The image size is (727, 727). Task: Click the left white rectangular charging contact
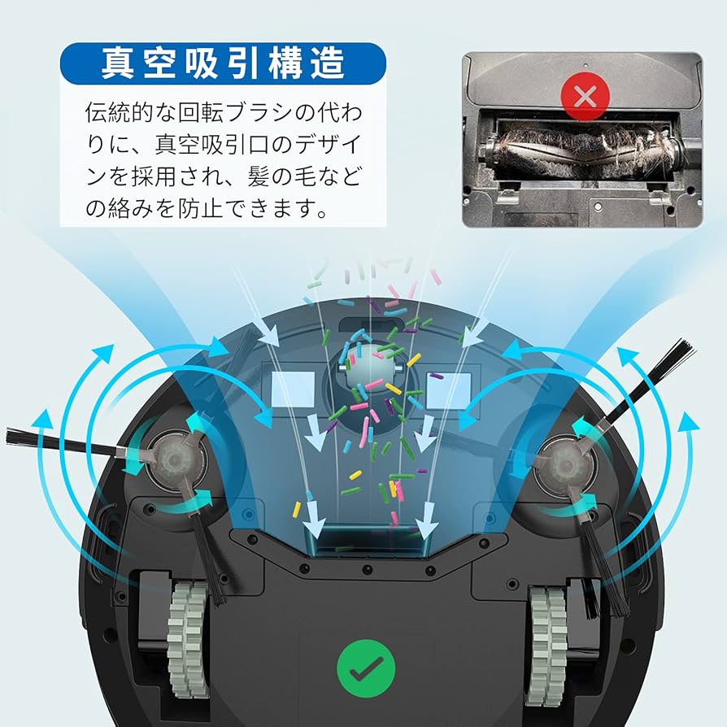point(293,390)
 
